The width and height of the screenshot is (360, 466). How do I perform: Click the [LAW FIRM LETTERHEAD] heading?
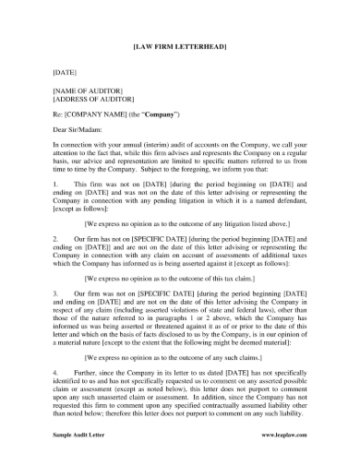pos(179,44)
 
